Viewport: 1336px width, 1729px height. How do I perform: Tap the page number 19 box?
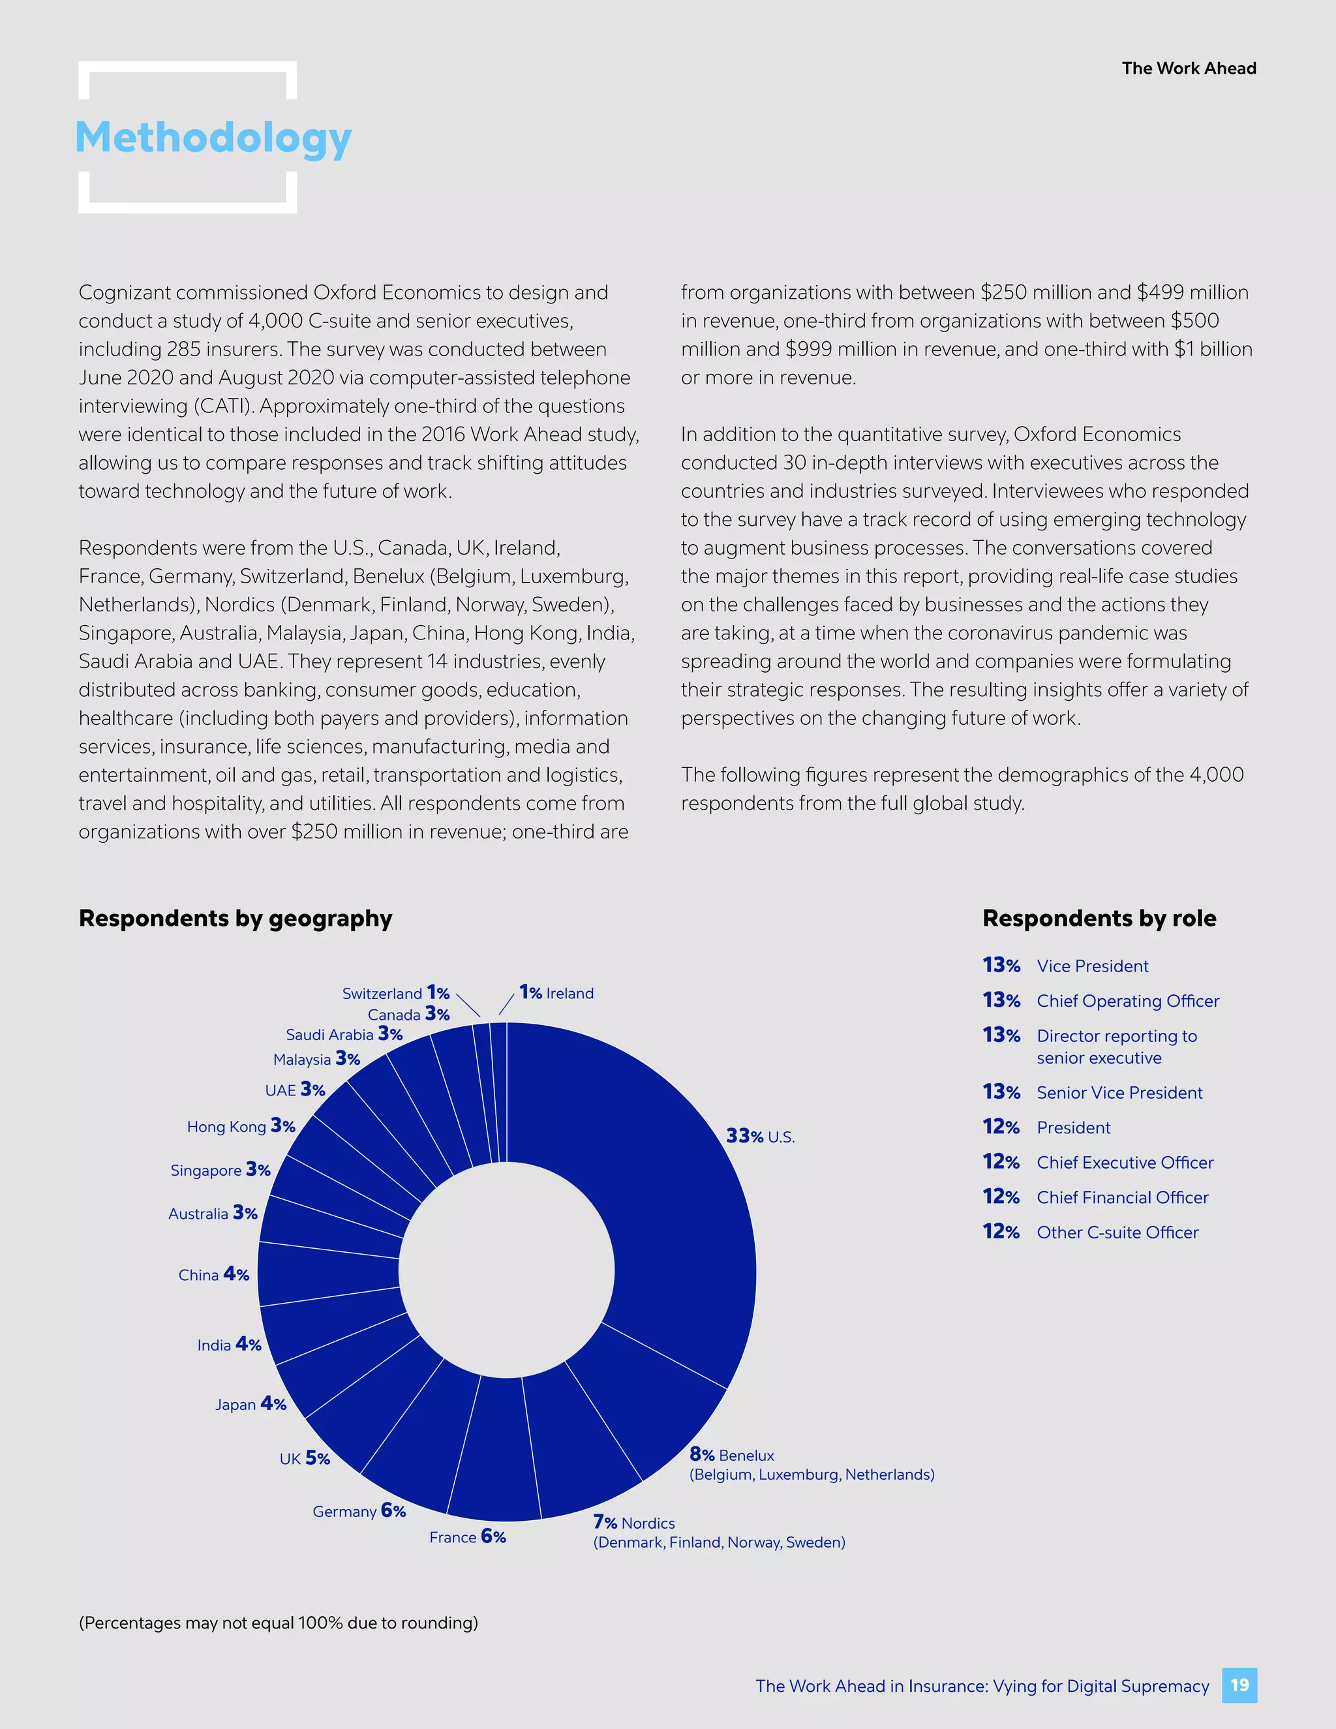(1239, 1685)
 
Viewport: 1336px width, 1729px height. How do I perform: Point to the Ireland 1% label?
(556, 993)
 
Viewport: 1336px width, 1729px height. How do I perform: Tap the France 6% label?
(467, 1537)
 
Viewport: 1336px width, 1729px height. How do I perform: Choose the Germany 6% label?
(359, 1510)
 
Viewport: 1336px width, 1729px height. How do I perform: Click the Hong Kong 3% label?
(241, 1125)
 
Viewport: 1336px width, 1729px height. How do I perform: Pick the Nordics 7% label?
(634, 1522)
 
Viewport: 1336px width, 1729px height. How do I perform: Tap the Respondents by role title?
(1099, 919)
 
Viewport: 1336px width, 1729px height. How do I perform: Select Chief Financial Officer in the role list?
(1121, 1197)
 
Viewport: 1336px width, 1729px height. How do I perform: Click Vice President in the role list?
(1092, 966)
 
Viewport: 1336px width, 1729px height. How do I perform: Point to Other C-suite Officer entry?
(1117, 1232)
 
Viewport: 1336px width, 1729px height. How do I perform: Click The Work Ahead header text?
(1188, 68)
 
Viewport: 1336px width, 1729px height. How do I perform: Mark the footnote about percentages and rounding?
(278, 1622)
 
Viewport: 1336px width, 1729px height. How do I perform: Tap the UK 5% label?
(304, 1458)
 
